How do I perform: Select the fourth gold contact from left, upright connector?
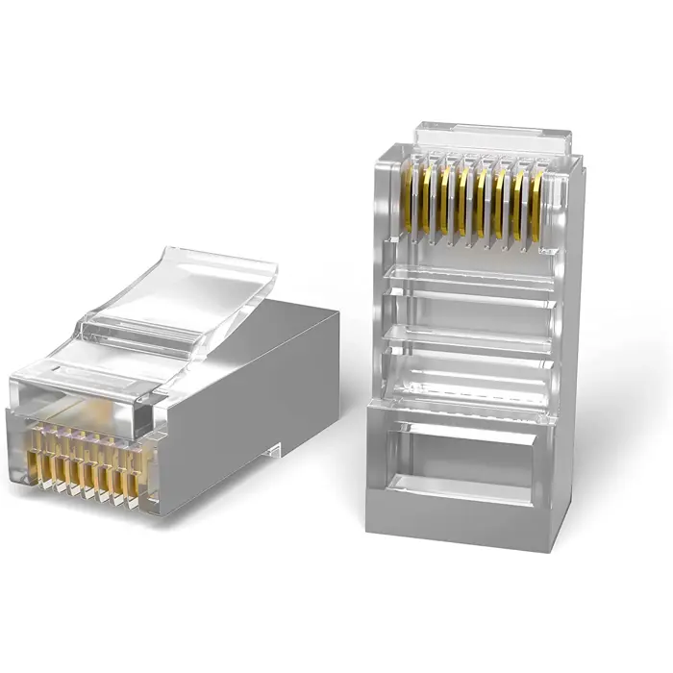pyautogui.click(x=463, y=198)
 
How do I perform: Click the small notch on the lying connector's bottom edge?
pyautogui.click(x=275, y=449)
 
